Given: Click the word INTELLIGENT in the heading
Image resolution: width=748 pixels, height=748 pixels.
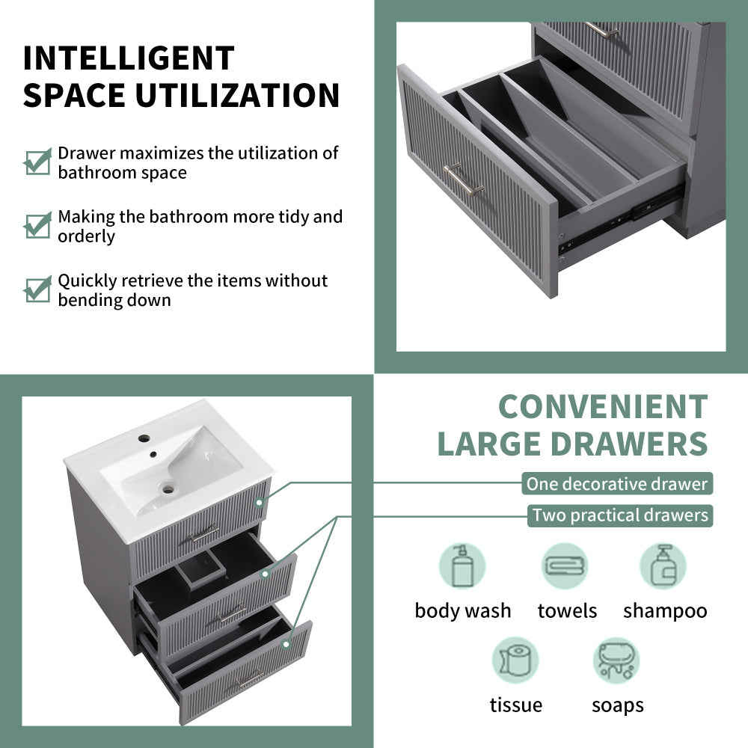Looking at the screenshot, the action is coord(129,58).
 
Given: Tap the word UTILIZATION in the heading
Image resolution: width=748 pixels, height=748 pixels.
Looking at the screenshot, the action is coord(238,96).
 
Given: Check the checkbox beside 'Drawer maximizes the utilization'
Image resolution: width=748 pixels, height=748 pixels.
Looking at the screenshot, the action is coord(37,162).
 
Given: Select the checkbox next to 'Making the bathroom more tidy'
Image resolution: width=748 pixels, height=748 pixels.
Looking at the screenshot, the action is coord(37,225).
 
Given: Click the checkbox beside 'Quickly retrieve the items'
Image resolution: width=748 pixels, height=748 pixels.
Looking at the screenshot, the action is coord(37,289).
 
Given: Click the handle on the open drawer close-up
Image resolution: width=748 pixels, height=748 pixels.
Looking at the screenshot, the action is coord(463,180).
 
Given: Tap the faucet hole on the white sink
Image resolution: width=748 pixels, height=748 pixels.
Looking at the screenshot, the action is coord(144,438).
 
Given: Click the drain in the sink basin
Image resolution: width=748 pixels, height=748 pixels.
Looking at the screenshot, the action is coord(168,488).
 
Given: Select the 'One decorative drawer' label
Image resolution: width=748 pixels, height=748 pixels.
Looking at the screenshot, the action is coord(617,484).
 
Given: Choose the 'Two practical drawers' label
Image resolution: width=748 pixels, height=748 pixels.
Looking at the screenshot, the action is coord(619,515).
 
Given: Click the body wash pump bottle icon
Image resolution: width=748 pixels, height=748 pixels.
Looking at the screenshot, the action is coord(462,565).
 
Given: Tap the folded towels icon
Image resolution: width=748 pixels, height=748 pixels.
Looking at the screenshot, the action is coord(565,565).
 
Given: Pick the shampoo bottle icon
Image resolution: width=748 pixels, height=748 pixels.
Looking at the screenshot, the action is coord(663,565).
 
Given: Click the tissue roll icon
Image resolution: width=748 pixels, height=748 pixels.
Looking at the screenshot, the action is coord(515,660).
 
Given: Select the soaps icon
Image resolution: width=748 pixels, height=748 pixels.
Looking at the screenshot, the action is coord(616,660).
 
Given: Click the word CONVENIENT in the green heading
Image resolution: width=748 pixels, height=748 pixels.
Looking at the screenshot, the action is coord(603,407).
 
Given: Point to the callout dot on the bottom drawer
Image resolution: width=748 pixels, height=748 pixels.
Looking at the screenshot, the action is coord(286,644).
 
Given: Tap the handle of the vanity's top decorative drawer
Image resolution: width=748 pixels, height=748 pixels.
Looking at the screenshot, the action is coord(203,533).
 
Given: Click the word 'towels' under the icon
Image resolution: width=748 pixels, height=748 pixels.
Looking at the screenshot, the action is coord(567,610).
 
